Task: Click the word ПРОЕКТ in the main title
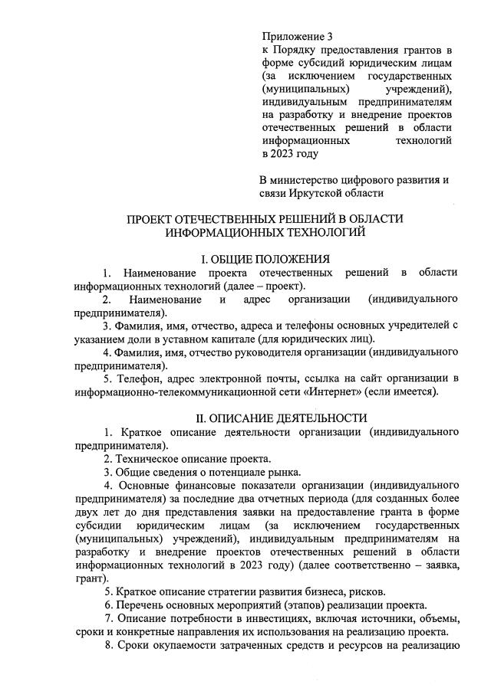point(154,219)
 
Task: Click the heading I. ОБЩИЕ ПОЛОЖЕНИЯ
point(260,258)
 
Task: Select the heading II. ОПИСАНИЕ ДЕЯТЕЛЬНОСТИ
point(260,418)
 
